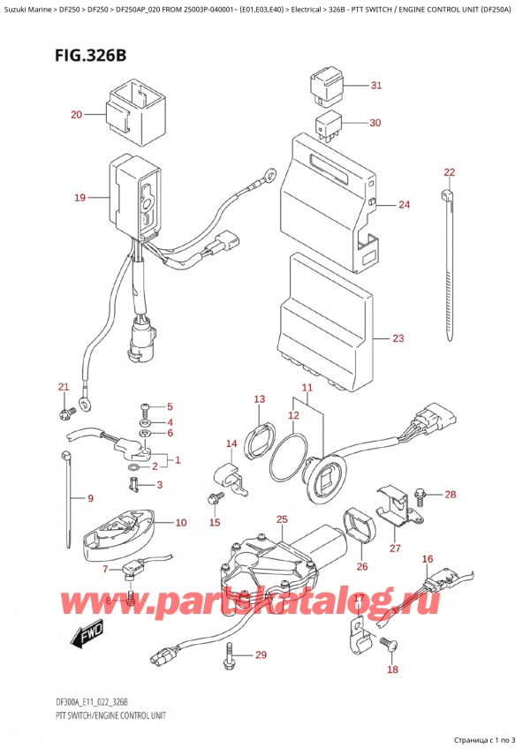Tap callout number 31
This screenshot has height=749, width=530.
click(375, 86)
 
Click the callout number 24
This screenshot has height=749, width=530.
click(404, 205)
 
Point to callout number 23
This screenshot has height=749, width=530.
click(397, 338)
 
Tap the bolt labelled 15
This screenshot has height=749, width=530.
click(212, 499)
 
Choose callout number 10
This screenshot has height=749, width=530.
click(180, 523)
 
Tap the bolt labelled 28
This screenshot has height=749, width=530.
click(420, 496)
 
